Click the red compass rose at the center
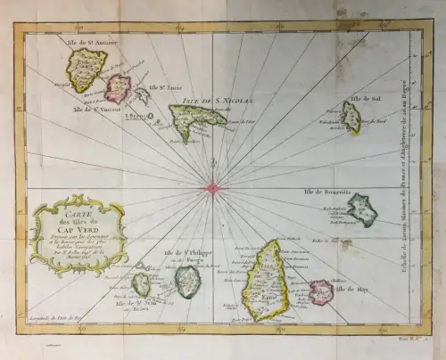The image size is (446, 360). pyautogui.click(x=212, y=187)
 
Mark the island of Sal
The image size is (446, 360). pyautogui.click(x=351, y=117)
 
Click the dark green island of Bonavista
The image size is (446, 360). pyautogui.click(x=361, y=209)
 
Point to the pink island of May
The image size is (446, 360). pyautogui.click(x=321, y=291)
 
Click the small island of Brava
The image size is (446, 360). pyautogui.click(x=141, y=284)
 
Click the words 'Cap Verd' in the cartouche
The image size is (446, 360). pyautogui.click(x=75, y=231)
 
